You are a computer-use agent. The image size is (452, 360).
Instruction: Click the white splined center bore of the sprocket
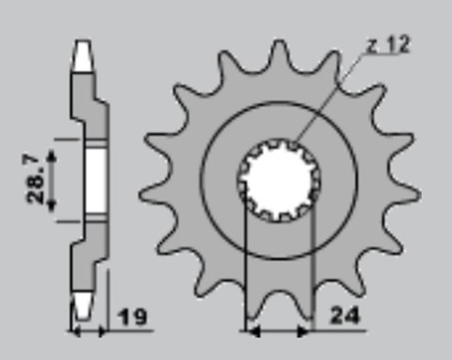pyautogui.click(x=278, y=181)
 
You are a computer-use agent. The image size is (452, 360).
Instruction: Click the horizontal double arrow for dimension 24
pyautogui.click(x=278, y=332)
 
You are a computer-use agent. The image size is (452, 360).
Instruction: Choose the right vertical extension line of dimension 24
pyautogui.click(x=311, y=273)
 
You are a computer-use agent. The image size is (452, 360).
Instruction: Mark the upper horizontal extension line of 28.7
pyautogui.click(x=71, y=139)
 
